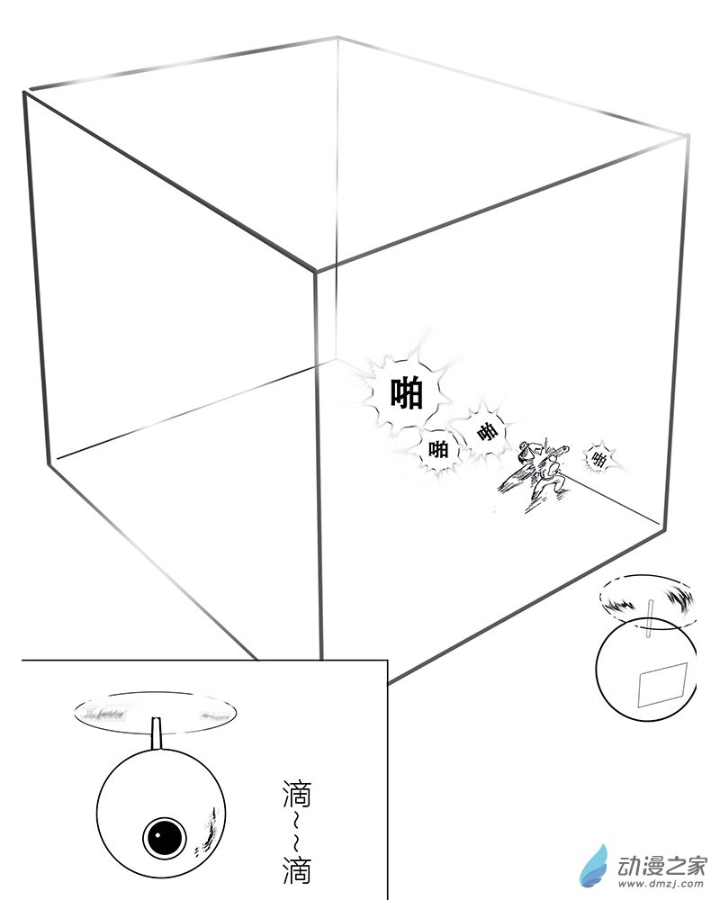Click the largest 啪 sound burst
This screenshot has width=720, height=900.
coord(407,393)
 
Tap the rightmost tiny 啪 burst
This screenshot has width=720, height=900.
coord(598,459)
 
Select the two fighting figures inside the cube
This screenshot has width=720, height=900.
coord(536,474)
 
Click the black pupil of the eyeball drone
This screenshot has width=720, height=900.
coord(164,837)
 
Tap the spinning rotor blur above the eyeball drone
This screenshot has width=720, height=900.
coord(155,713)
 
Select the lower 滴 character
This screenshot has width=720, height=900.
coord(297,870)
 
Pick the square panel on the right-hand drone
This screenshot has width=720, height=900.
coord(662,685)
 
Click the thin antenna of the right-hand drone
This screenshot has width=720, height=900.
coord(650,618)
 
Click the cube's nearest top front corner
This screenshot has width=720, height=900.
coord(315,272)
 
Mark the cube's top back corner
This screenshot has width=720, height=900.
coord(337,37)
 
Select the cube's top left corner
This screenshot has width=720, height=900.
coord(24,92)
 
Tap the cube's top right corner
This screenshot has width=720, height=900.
coord(688,136)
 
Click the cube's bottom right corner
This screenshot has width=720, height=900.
coord(662,524)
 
